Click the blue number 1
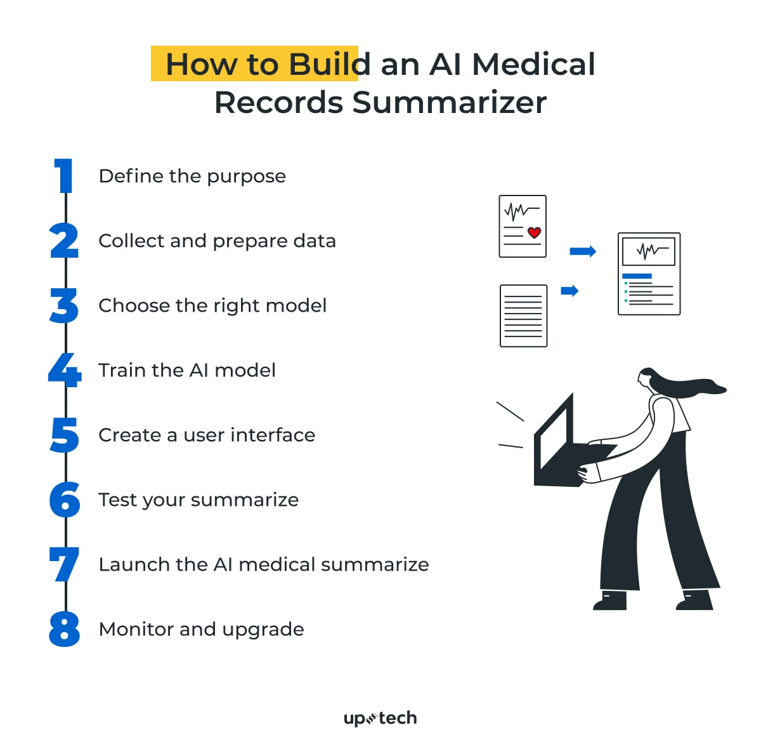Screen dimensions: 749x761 coord(65,176)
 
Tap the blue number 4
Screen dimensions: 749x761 coord(65,370)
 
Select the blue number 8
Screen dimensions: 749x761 coord(65,629)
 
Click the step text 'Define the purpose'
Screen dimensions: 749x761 coord(192,176)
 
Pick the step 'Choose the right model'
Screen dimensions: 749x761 coord(212,306)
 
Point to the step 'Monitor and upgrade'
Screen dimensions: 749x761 coord(201,630)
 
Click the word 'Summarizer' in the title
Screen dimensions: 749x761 coord(449,103)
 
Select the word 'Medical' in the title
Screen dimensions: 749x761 coord(533,64)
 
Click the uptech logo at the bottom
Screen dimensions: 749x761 coord(380,719)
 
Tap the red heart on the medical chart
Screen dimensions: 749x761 coord(534,233)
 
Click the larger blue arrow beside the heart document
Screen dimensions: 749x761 coord(583,251)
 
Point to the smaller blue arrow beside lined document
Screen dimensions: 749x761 coord(569,291)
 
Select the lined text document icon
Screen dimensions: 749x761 coord(523,315)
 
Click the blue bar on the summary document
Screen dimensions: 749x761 coord(637,276)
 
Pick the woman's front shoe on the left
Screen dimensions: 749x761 coord(611,600)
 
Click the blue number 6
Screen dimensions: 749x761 coord(65,500)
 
